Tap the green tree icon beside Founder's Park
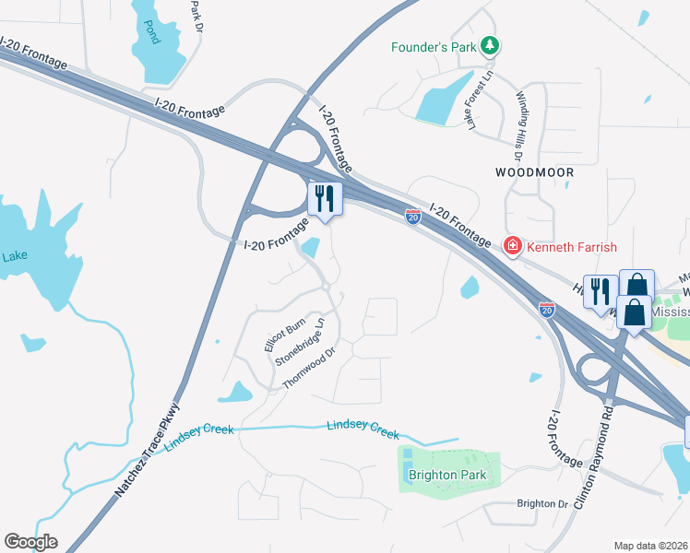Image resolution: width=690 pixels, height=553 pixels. tap(492, 45)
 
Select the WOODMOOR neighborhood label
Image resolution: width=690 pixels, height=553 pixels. tap(534, 172)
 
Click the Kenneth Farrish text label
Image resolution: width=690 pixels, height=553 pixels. tap(572, 246)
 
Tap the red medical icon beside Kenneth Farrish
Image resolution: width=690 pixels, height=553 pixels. tap(512, 245)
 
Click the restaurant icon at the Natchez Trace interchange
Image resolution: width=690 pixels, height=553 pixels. tap(325, 197)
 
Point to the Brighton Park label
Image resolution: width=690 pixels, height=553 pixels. tap(447, 476)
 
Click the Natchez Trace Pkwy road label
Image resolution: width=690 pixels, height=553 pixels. tap(148, 451)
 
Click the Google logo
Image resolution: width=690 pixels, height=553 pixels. tap(30, 542)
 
